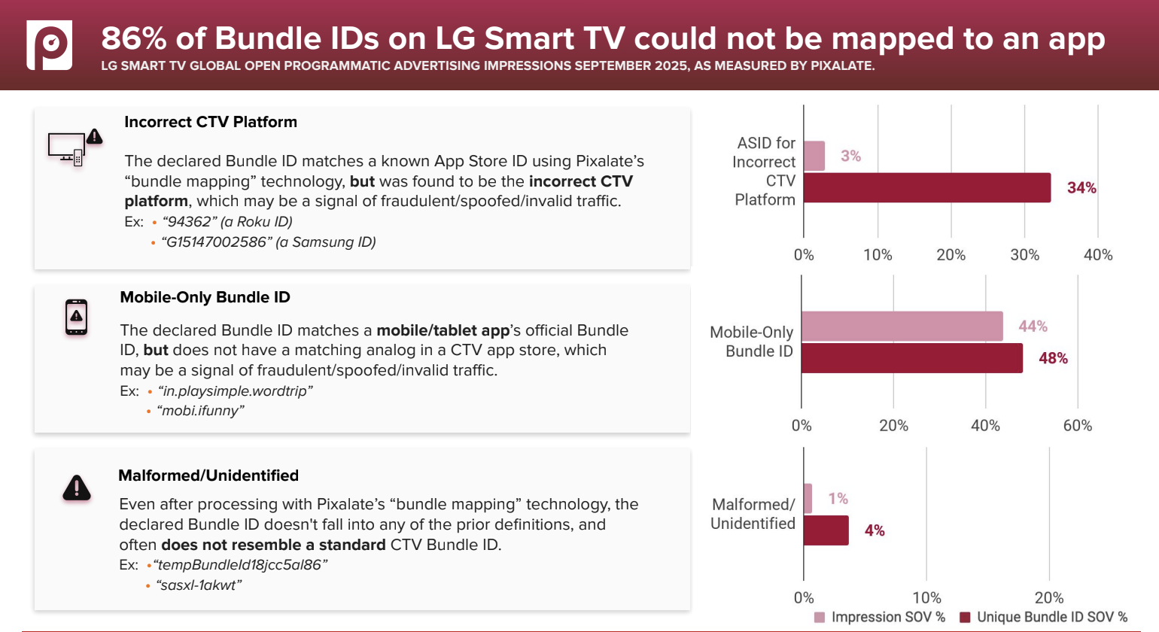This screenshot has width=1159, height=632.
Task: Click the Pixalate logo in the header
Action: pos(50,45)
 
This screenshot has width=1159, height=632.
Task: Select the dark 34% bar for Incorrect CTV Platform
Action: pos(926,188)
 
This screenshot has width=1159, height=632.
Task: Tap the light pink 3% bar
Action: pos(814,156)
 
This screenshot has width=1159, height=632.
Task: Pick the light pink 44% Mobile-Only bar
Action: pos(902,326)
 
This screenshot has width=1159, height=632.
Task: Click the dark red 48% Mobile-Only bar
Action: pos(911,358)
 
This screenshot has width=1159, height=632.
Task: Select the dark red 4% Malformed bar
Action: pos(826,530)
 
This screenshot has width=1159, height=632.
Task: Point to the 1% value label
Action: pos(838,499)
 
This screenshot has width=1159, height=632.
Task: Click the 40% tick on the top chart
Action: pos(1097,255)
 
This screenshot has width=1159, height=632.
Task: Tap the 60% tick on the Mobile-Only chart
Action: pos(1077,426)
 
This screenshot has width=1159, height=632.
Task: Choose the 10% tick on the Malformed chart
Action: pos(926,598)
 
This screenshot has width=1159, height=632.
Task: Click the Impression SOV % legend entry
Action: pos(881,617)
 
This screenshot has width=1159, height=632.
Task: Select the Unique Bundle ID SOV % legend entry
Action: pos(1044,617)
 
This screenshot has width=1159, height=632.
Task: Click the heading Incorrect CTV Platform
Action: pos(211,122)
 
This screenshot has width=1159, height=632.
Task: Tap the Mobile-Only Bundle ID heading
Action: pos(205,297)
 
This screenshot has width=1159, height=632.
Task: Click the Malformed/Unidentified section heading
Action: pos(208,476)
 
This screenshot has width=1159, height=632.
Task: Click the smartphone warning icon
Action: pos(76,318)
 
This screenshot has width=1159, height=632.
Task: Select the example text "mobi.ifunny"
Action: pos(200,411)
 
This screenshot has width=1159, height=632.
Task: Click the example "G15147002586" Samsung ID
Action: pos(269,242)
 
